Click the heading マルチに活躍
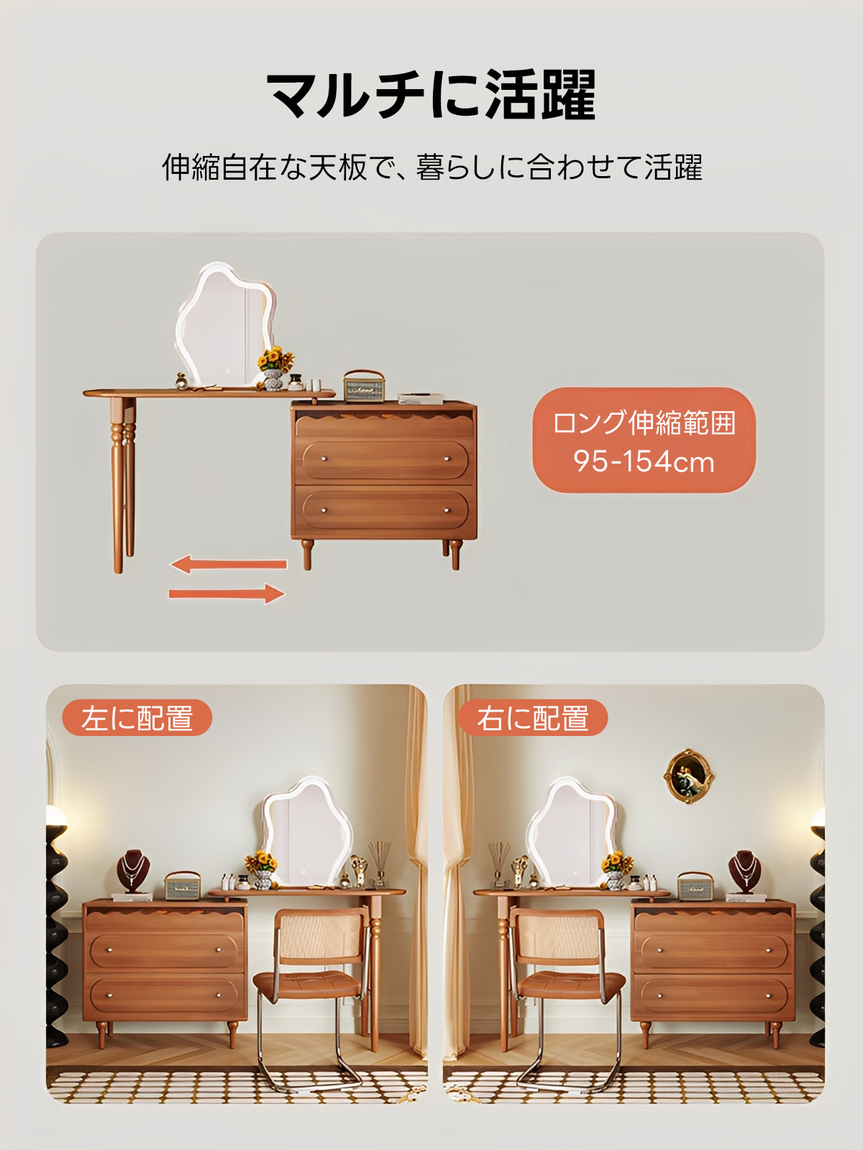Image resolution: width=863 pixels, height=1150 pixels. (x=431, y=95)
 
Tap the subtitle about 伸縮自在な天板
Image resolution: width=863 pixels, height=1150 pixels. (x=431, y=167)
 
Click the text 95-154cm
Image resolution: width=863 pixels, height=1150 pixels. (x=644, y=461)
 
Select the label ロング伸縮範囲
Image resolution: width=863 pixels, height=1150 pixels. (x=644, y=423)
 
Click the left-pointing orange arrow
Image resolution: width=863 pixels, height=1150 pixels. (x=228, y=564)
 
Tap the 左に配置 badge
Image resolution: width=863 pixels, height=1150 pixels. (x=137, y=718)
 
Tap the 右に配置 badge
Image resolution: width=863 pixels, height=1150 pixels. (x=533, y=718)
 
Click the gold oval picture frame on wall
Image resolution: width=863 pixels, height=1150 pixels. (x=688, y=776)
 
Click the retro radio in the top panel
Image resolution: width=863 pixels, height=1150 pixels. (x=364, y=387)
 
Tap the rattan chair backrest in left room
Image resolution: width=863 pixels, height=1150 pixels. (x=321, y=936)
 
